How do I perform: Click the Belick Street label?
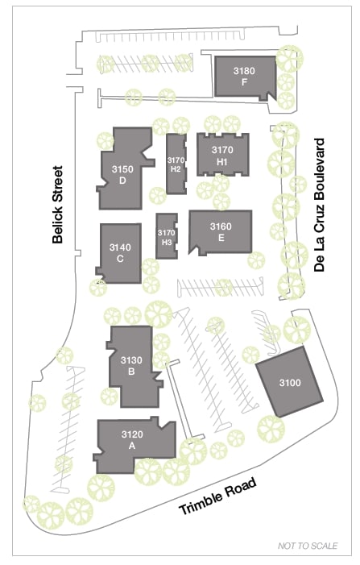(58, 204)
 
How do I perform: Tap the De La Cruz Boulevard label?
(319, 205)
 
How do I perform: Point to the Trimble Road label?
(218, 496)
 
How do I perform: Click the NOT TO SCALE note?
(308, 546)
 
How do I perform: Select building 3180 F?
(245, 77)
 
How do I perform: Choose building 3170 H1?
(223, 155)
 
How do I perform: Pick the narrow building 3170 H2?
(176, 164)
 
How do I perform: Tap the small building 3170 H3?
(167, 236)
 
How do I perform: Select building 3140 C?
(119, 253)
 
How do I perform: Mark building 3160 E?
(221, 232)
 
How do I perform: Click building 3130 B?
(132, 366)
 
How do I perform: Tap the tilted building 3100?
(289, 382)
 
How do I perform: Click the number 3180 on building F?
(244, 71)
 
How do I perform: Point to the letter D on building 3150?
(122, 181)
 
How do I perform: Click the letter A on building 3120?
(132, 446)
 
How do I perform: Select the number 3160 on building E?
(221, 226)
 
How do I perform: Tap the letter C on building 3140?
(120, 259)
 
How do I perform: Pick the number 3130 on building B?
(131, 360)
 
